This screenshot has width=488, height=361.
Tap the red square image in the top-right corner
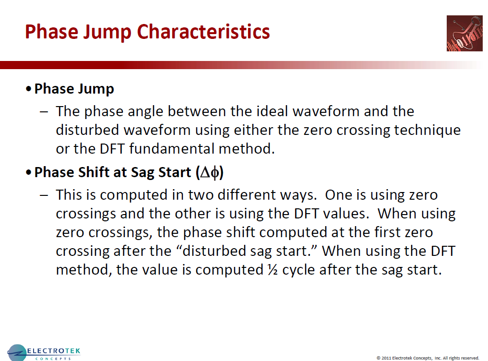464,33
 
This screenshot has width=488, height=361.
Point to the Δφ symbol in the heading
210,173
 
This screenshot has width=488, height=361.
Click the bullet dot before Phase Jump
29,90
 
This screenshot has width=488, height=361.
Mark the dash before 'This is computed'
44,195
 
